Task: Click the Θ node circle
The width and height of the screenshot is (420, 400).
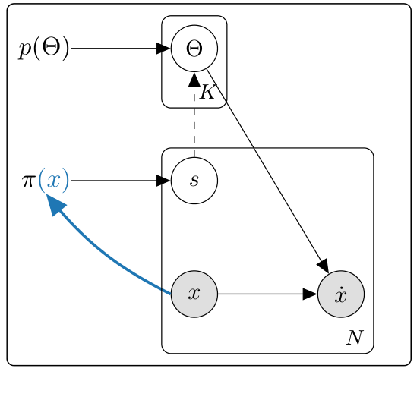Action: (194, 49)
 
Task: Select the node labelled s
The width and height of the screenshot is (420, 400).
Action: (194, 181)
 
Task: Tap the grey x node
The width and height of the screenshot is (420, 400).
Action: (194, 294)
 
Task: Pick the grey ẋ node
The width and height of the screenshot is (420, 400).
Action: (341, 294)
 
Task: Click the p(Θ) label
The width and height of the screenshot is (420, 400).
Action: (44, 49)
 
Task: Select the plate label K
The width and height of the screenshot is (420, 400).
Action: (207, 93)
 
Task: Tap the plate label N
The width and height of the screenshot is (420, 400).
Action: (354, 338)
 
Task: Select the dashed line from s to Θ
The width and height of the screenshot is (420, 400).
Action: (194, 121)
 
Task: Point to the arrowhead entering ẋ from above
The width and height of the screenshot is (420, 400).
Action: (323, 265)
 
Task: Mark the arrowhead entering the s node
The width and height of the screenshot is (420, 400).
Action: (163, 181)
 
